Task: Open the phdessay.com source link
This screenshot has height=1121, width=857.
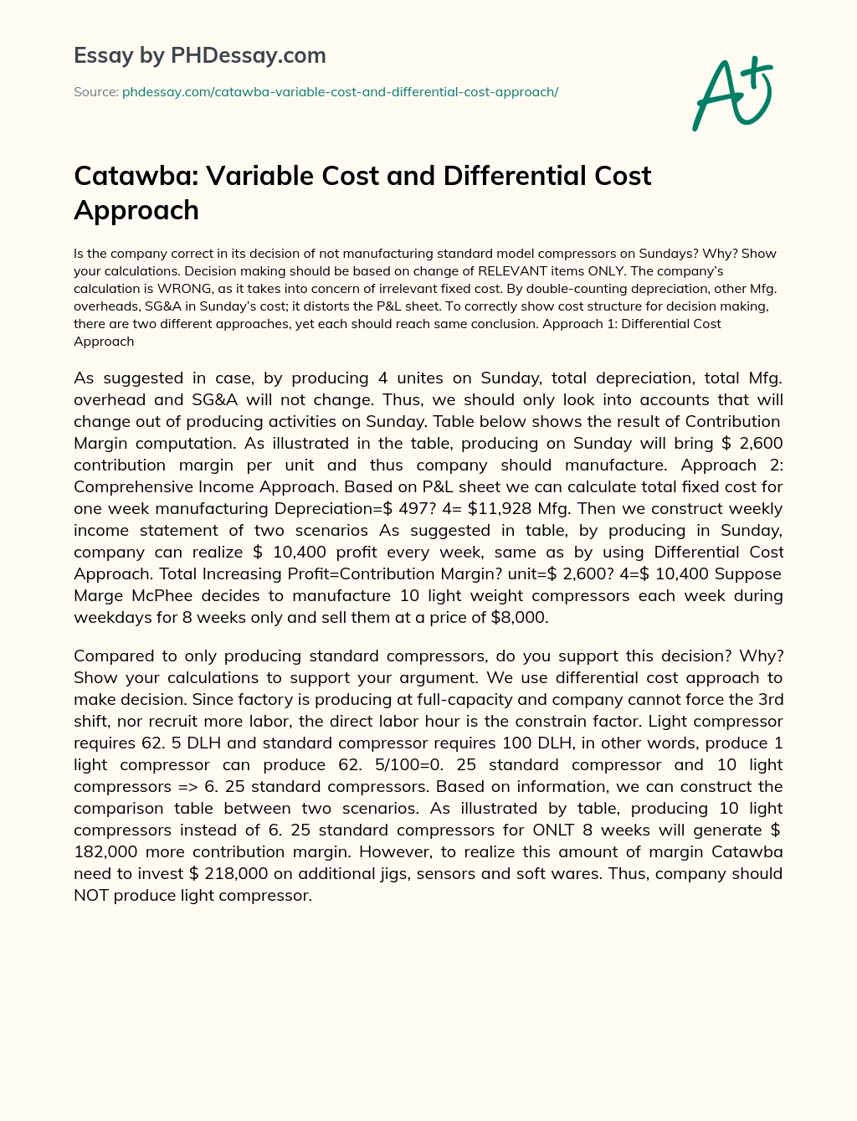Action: (x=340, y=92)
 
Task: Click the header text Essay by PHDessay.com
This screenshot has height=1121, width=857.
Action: (x=200, y=56)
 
